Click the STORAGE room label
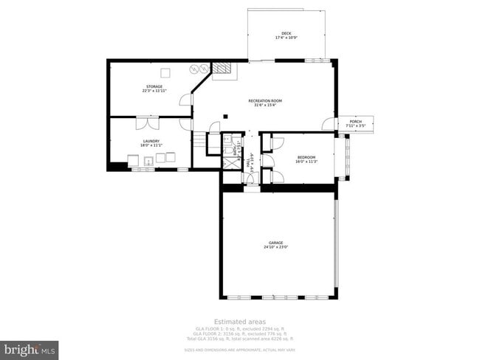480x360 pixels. pos(154,86)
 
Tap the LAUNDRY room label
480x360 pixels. pos(151,141)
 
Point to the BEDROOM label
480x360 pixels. pos(306,157)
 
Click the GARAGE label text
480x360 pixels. pos(275,243)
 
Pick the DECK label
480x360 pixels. pos(286,33)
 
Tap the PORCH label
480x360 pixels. pos(356,122)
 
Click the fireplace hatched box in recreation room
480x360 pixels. pos(223,71)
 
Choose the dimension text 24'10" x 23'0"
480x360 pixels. pos(275,247)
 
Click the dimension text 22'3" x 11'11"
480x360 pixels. pos(154,91)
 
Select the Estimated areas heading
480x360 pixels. pos(239,321)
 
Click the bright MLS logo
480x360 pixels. pos(30,347)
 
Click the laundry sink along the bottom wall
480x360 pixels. pos(148,160)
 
